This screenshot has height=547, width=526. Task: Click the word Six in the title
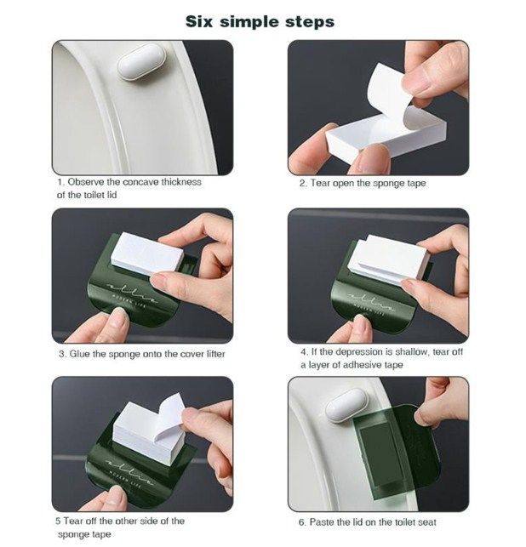(x=198, y=21)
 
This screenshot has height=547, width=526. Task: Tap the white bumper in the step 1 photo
(x=141, y=62)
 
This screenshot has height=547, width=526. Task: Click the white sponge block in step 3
(x=147, y=254)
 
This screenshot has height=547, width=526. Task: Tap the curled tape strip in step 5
(x=170, y=416)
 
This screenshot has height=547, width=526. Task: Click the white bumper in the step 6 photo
(x=346, y=406)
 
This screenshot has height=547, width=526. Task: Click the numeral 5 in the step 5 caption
(x=58, y=521)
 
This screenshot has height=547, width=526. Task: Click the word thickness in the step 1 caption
(x=181, y=182)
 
